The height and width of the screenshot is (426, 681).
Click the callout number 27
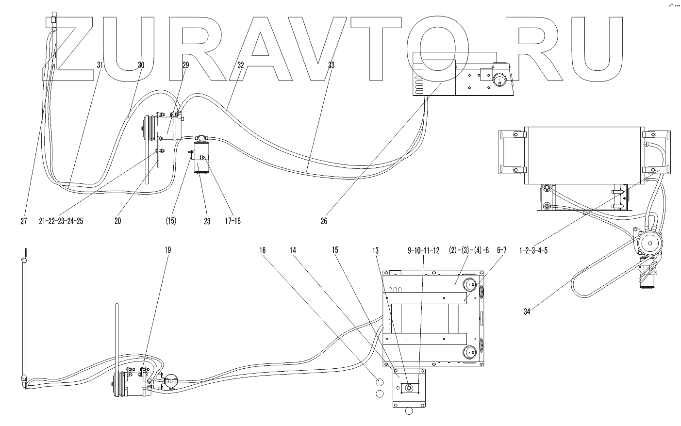click(x=24, y=221)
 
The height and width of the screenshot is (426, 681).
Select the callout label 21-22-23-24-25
click(x=61, y=221)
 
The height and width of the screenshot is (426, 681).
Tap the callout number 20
click(x=117, y=221)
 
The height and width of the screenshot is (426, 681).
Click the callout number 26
click(x=324, y=221)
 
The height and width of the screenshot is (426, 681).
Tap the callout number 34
click(x=527, y=311)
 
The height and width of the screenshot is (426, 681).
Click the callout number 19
click(x=167, y=251)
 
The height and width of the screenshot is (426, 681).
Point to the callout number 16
click(x=262, y=251)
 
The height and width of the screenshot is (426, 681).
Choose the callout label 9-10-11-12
click(x=423, y=251)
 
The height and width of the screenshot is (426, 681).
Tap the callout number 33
click(x=331, y=65)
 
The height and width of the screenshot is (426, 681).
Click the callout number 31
click(x=100, y=65)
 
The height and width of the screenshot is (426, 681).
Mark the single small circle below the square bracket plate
click(x=409, y=410)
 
